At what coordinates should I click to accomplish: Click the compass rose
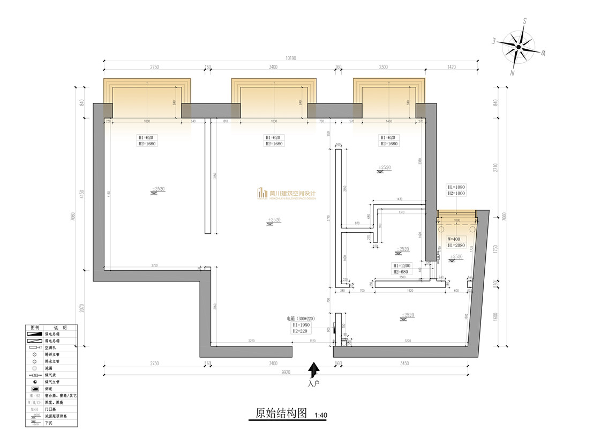[518, 47]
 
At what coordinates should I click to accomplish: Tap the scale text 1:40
[321, 415]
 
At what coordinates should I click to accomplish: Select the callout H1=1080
[456, 187]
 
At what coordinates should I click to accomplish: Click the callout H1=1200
[402, 265]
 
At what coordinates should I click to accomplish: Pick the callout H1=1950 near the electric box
[302, 325]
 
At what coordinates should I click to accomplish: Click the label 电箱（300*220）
[302, 319]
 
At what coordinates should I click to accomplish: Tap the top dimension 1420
[450, 67]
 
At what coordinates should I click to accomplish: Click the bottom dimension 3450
[404, 364]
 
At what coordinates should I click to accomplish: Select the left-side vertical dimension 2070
[81, 309]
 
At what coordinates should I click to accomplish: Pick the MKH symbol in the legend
[34, 409]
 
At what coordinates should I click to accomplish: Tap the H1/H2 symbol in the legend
[34, 395]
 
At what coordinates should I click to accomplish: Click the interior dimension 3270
[407, 341]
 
